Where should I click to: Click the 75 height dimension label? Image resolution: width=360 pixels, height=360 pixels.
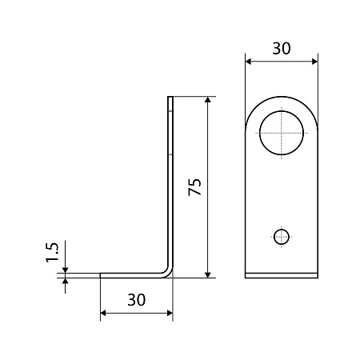[194, 187]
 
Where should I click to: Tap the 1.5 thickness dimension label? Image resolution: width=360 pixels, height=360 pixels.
[52, 253]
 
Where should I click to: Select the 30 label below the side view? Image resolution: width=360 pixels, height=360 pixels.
[137, 299]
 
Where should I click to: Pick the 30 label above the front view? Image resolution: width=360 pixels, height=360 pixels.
[282, 49]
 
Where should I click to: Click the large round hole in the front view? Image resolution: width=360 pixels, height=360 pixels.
[282, 133]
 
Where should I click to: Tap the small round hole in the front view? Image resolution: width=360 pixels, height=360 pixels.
[282, 237]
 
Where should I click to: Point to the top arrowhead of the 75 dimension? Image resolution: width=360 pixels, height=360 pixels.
[208, 99]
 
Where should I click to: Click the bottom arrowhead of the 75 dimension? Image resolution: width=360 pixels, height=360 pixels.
[208, 274]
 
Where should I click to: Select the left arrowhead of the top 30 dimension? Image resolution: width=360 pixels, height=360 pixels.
[248, 62]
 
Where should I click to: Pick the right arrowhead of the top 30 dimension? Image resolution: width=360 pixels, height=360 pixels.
[314, 62]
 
